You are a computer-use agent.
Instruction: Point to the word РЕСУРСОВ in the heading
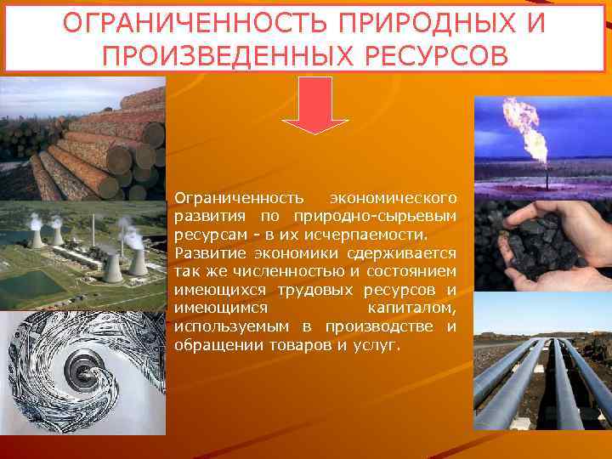(434, 54)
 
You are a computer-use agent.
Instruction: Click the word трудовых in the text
(327, 291)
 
